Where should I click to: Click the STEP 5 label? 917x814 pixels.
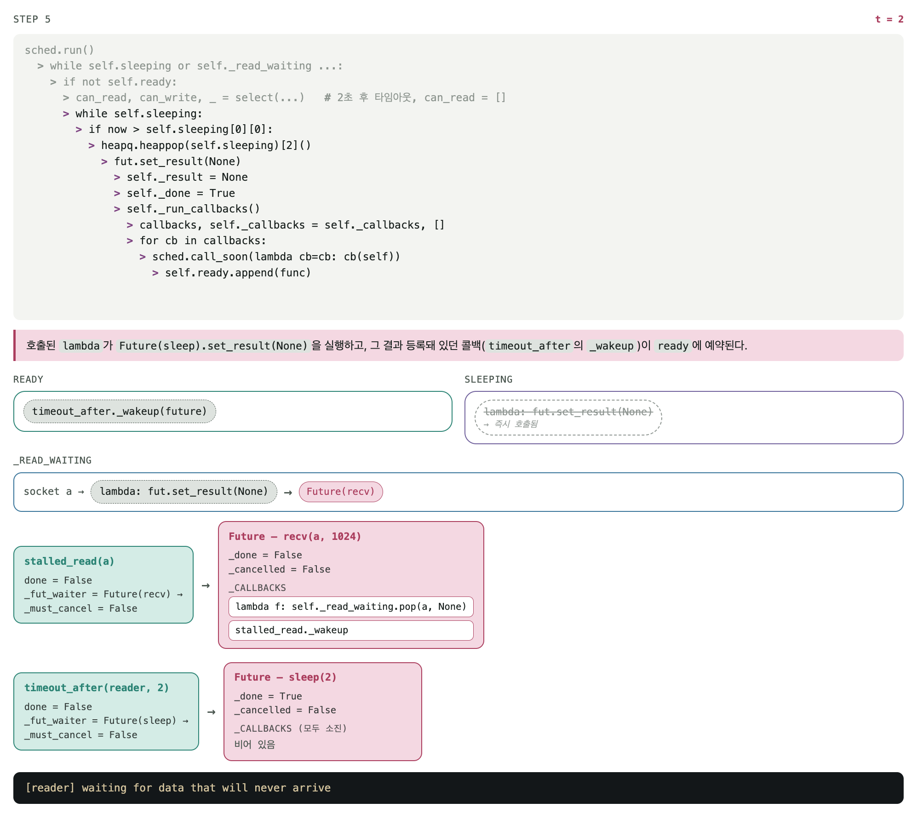[x=32, y=19]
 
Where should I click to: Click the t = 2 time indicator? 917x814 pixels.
[x=889, y=19]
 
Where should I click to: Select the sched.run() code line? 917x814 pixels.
[x=59, y=50]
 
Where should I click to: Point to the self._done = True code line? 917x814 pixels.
[x=181, y=193]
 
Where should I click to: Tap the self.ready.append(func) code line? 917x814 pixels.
[x=238, y=273]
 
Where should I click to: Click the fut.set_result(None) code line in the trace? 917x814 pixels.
[x=177, y=161]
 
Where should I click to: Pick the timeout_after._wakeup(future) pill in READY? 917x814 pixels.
[x=120, y=411]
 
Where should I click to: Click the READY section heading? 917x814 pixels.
[x=28, y=379]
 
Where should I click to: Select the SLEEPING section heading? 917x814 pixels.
[x=488, y=379]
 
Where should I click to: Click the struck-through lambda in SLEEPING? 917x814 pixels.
[x=568, y=412]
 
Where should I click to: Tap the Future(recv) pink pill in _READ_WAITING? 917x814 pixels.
[x=341, y=492]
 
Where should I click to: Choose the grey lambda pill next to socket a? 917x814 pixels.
[x=184, y=492]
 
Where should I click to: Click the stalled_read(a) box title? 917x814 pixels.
[x=69, y=561]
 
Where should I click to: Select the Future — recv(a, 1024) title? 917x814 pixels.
[x=295, y=536]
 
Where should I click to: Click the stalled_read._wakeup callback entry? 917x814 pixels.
[x=351, y=630]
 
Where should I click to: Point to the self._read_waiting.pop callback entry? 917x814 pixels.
[x=351, y=607]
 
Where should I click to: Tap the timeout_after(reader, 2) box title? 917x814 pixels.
[x=97, y=688]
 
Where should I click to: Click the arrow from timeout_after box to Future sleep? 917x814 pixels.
[x=212, y=712]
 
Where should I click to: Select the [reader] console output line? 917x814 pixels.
[x=178, y=788]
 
